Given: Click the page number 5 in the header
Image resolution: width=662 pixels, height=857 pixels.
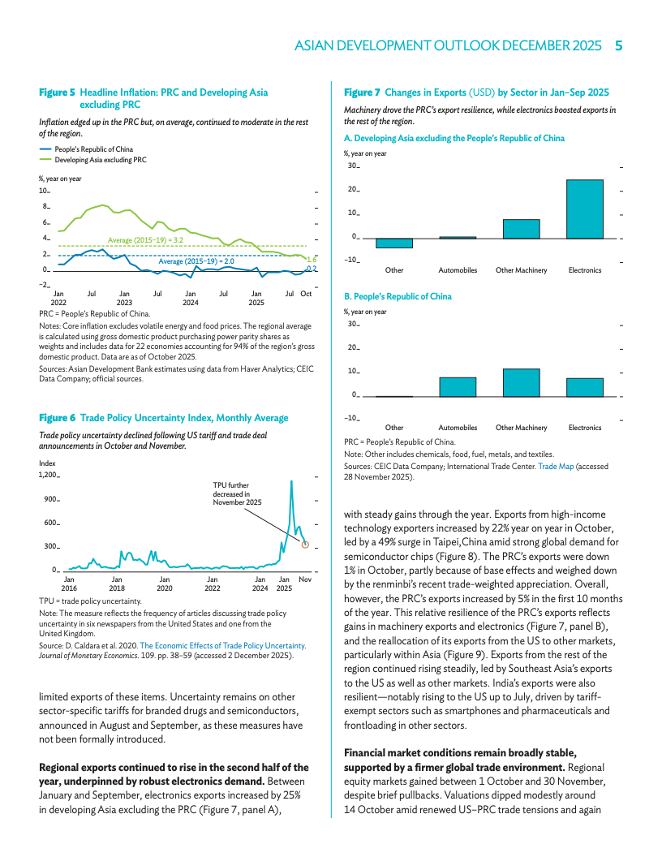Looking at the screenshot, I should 618,46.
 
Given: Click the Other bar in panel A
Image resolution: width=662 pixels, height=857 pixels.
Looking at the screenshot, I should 394,243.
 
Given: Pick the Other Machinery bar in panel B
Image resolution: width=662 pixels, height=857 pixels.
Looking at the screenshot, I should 521,382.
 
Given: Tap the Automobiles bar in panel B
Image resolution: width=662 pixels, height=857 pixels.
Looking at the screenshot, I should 458,386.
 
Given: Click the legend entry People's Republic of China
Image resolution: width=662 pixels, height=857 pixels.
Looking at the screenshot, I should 94,149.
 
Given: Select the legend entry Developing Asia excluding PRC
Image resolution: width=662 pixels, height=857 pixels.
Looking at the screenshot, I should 101,160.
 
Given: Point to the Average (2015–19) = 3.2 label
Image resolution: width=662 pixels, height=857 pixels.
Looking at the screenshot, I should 145,240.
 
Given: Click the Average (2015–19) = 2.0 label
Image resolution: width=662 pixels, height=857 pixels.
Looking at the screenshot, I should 196,261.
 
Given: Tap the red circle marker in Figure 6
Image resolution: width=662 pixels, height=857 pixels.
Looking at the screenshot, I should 305,545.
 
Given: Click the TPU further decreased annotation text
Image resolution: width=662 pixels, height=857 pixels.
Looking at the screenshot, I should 237,493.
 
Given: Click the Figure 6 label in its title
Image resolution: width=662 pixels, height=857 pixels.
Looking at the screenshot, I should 57,418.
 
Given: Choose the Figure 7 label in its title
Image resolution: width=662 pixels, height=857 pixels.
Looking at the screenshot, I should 362,93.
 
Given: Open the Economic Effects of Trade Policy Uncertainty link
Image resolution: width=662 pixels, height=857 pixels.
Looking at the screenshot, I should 223,645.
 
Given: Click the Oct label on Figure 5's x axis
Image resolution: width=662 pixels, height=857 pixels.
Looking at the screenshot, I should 306,294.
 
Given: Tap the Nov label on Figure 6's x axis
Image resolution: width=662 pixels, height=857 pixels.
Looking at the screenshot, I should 305,579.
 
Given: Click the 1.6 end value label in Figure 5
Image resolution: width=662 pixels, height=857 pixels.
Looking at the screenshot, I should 311,259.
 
